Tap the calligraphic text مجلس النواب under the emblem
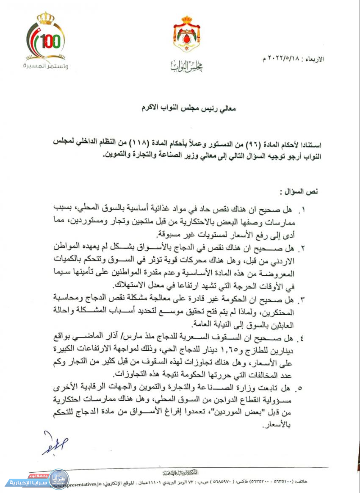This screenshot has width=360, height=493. pos(180,66)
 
